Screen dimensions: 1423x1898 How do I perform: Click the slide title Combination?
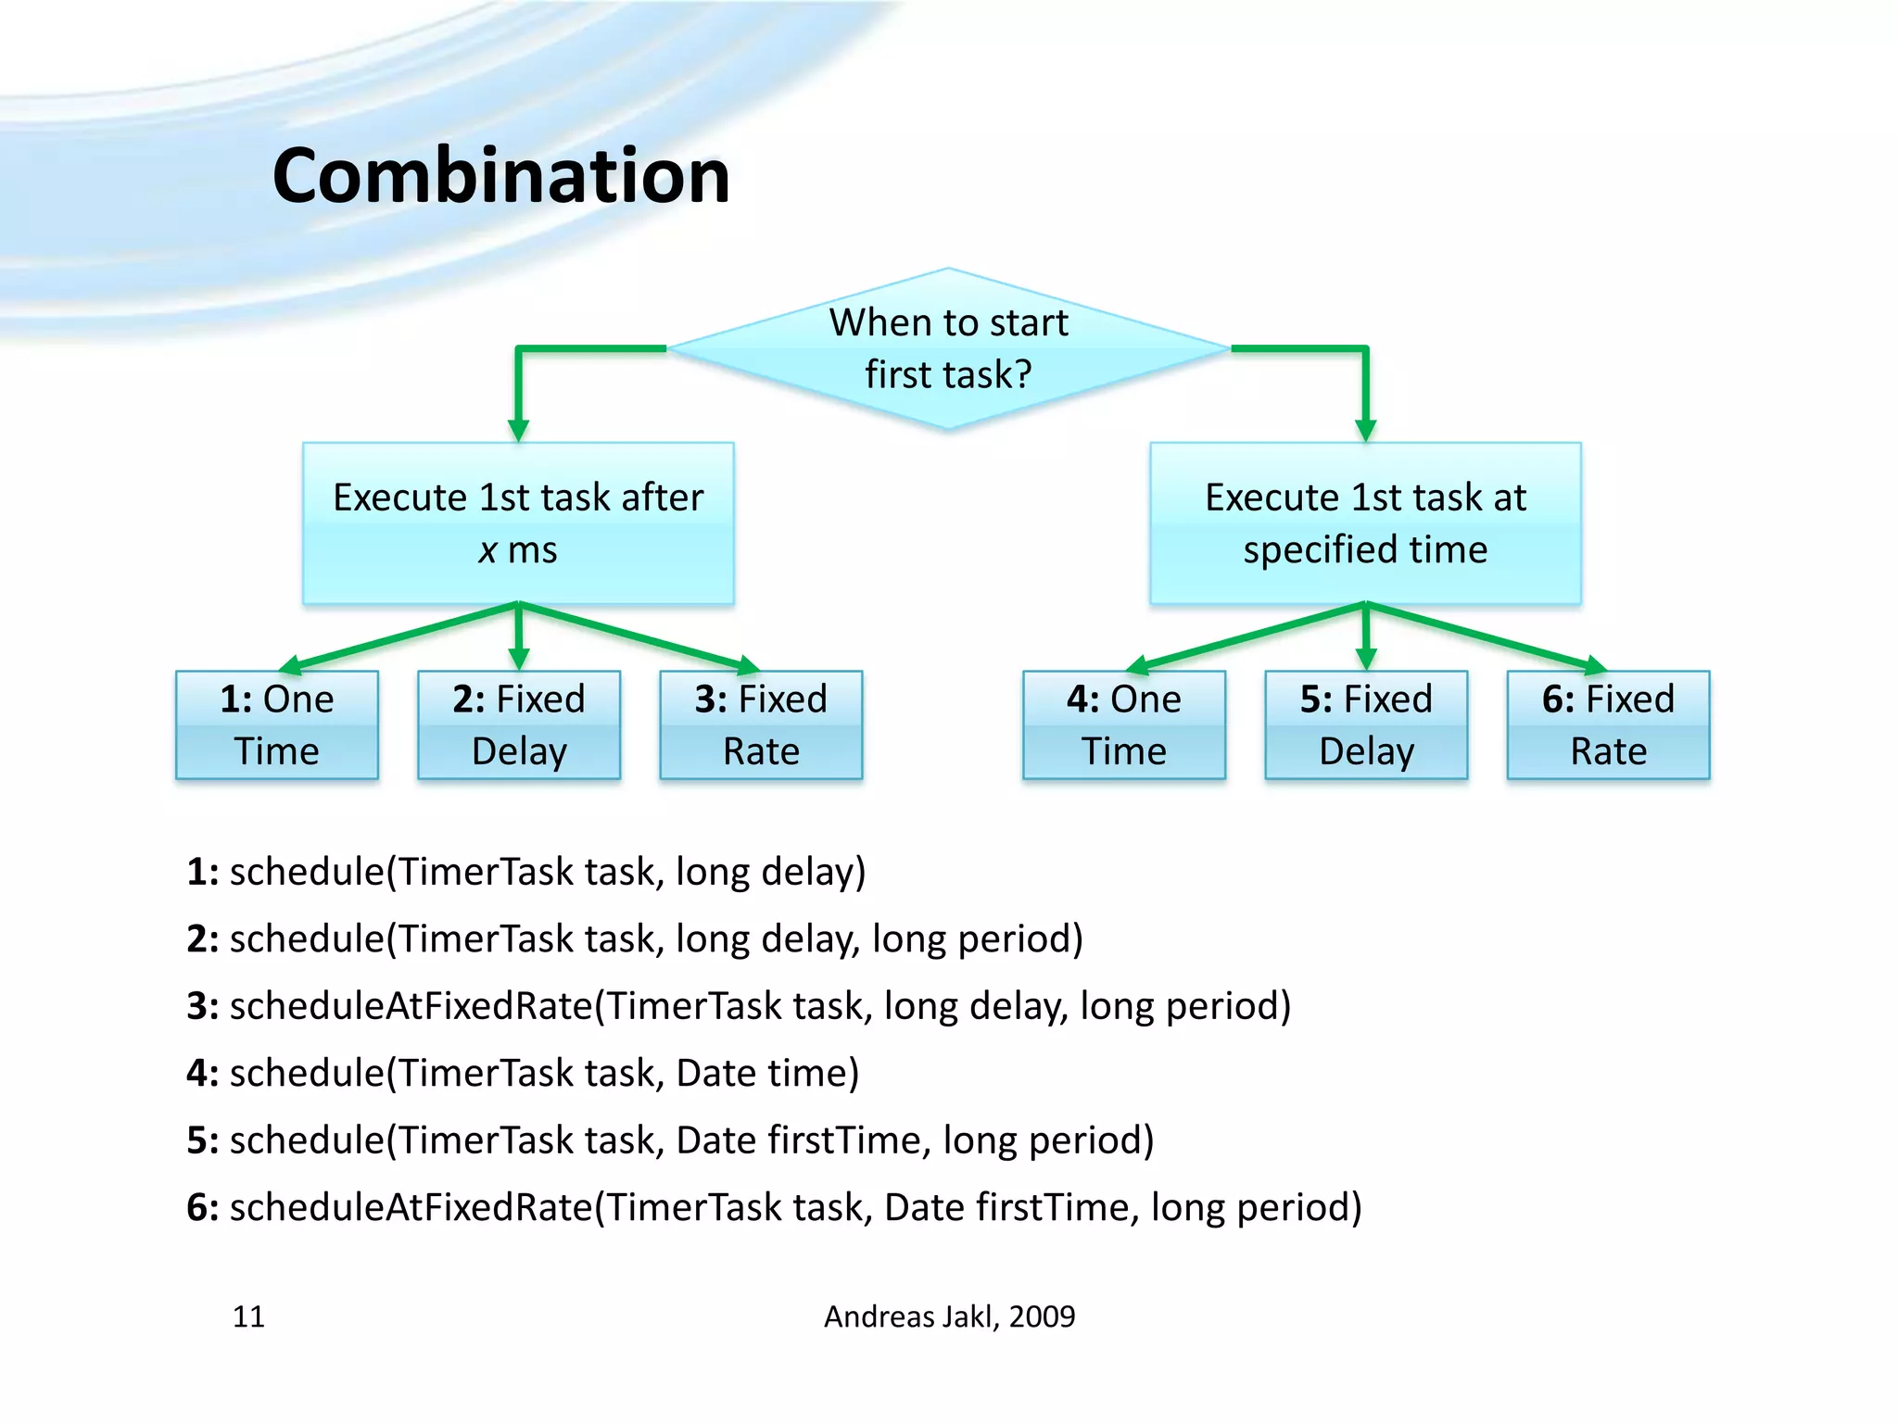point(500,176)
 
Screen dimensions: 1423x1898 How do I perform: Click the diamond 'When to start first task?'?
point(947,348)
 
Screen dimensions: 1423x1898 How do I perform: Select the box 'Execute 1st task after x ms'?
point(518,523)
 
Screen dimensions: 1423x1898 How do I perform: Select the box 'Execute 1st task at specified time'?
point(1364,523)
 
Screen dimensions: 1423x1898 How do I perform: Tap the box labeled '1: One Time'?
point(276,724)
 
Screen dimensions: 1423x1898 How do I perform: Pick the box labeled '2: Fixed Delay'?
point(518,724)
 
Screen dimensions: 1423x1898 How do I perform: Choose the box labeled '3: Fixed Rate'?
point(760,724)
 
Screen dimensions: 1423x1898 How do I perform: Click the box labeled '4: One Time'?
point(1123,724)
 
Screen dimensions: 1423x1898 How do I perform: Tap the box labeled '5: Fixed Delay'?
point(1365,724)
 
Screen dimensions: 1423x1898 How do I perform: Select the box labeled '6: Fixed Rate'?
point(1608,724)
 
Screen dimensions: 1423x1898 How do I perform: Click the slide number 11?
point(248,1316)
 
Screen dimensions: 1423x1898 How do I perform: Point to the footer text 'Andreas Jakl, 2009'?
point(949,1316)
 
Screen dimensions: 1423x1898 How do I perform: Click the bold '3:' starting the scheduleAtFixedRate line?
point(202,1006)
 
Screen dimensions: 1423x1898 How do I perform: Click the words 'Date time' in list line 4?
point(766,1073)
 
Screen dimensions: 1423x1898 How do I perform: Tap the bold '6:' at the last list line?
point(202,1207)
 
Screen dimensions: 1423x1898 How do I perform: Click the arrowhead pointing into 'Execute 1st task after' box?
point(518,430)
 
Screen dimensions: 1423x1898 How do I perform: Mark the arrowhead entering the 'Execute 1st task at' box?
point(1365,430)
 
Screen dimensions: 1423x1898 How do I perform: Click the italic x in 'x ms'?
point(487,551)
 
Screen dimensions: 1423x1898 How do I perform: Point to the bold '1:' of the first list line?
point(202,872)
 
